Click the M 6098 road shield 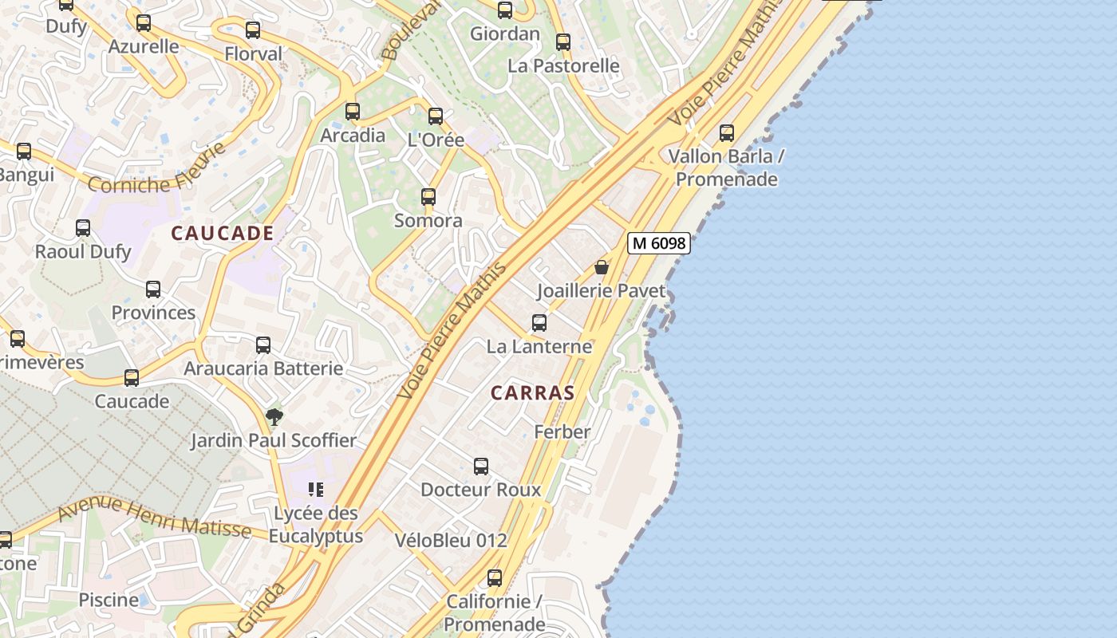coord(658,243)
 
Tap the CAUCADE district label coord(223,234)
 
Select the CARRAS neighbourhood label coord(532,392)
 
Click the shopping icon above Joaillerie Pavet coord(602,267)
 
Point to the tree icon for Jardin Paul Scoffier coord(274,416)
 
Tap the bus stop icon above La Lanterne coord(539,323)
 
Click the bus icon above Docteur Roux coord(481,467)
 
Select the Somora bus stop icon coord(428,197)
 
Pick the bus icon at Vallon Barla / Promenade coord(727,133)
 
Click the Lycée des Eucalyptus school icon coord(315,489)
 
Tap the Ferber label coord(562,432)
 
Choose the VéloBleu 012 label coord(451,540)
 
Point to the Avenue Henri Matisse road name coord(155,516)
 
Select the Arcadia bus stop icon coord(353,112)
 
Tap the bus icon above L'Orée coord(436,116)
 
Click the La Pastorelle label coord(563,65)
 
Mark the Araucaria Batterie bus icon coord(263,345)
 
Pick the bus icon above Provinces coord(153,289)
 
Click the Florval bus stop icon coord(253,30)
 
